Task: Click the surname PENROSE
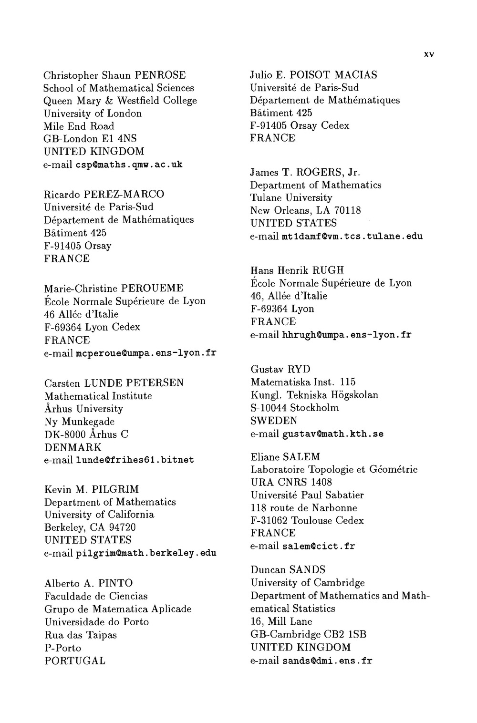pos(160,75)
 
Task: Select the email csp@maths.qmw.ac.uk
pos(129,165)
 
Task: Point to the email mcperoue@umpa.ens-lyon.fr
pos(146,353)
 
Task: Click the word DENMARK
pos(73,447)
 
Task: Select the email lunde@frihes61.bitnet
pos(135,460)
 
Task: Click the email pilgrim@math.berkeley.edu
pos(146,553)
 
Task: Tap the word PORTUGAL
pos(75,661)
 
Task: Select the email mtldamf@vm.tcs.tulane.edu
pos(352,236)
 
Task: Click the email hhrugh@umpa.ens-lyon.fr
pos(347,335)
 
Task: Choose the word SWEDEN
pos(274,421)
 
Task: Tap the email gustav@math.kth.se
pos(333,434)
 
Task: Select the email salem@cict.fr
pos(319,546)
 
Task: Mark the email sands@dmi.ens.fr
pos(327,661)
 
